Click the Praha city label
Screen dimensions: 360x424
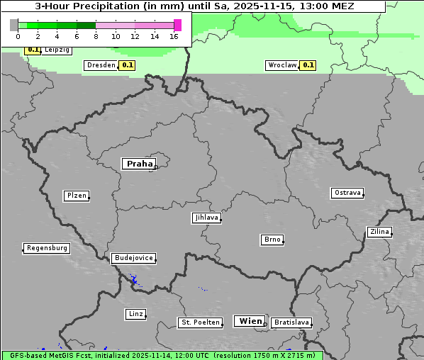click(138, 164)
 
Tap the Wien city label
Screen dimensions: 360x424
click(250, 321)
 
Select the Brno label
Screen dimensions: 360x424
click(272, 240)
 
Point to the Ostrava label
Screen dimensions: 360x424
click(347, 193)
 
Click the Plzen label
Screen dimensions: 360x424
click(75, 196)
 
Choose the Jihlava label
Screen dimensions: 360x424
click(206, 218)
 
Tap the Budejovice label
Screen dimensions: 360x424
click(133, 258)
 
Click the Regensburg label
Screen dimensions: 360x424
click(47, 248)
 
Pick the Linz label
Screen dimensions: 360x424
click(135, 314)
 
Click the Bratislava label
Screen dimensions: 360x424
click(291, 322)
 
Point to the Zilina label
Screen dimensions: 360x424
click(379, 232)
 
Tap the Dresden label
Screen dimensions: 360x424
click(101, 65)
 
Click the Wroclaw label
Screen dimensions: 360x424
click(281, 65)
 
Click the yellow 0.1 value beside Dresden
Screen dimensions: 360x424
click(127, 65)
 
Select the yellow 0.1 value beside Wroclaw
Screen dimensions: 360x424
click(308, 65)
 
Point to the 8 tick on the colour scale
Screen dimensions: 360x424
click(96, 35)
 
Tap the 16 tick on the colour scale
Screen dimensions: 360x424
click(174, 35)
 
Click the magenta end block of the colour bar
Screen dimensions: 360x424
click(177, 25)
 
